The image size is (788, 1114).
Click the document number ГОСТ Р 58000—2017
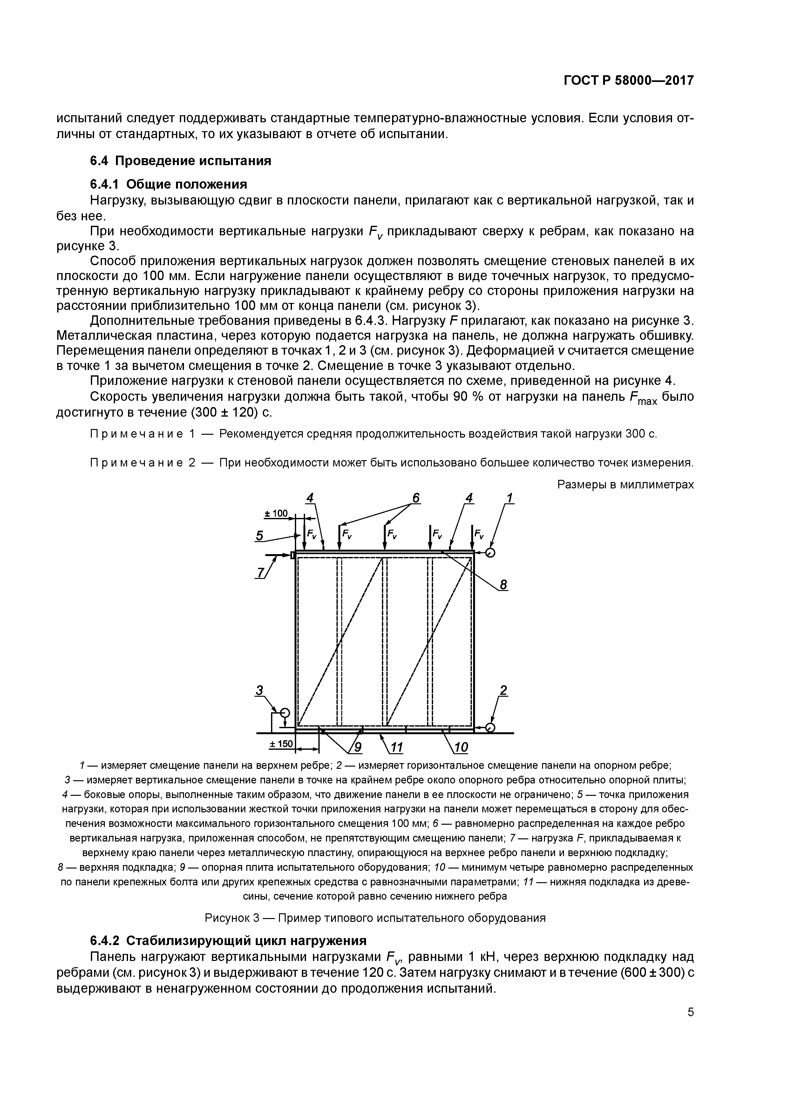[628, 81]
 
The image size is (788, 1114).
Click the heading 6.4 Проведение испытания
[180, 161]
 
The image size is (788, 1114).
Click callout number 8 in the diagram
[503, 585]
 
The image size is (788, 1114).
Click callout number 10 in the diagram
[461, 747]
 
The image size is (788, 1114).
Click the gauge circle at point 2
[490, 728]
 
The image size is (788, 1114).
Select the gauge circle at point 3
[284, 713]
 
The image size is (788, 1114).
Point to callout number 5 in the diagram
[260, 536]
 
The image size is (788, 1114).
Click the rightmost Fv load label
[479, 535]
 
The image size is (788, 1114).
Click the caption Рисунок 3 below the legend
[375, 917]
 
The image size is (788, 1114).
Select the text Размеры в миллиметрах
[625, 484]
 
